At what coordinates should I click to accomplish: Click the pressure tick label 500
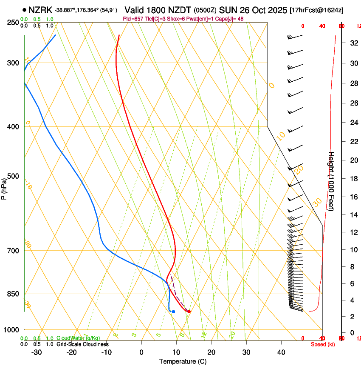(13, 176)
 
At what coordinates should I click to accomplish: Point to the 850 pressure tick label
(13, 294)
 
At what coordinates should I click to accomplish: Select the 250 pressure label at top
(13, 22)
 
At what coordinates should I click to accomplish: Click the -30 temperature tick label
(37, 352)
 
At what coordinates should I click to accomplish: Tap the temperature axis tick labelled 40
(281, 352)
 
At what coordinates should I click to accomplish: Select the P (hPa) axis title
(4, 188)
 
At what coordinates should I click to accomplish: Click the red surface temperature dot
(189, 312)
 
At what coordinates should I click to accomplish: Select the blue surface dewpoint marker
(173, 312)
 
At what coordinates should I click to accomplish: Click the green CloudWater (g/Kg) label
(78, 338)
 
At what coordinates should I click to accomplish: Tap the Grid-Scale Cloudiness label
(82, 344)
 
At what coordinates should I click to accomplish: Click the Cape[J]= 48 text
(231, 19)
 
